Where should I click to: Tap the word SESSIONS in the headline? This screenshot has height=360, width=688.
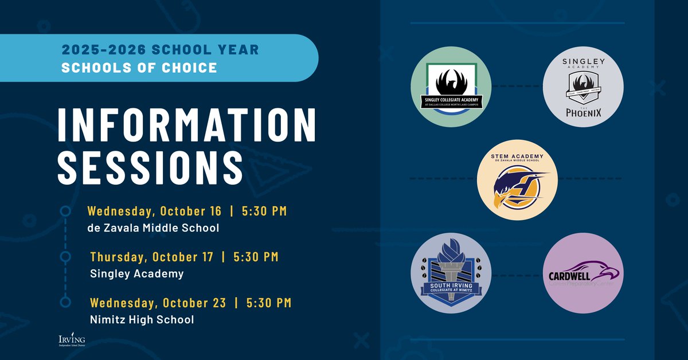coord(150,166)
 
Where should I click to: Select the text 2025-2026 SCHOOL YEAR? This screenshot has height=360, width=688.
coord(161,50)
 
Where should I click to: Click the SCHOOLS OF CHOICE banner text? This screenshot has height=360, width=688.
coord(139,68)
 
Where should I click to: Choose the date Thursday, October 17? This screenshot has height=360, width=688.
coord(152,257)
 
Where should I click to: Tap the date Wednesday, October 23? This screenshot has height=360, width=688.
coord(158,302)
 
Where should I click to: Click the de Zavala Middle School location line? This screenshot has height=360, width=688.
coord(153,228)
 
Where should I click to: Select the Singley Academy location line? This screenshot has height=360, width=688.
coord(137,273)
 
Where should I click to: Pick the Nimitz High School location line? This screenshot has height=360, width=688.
coord(142,319)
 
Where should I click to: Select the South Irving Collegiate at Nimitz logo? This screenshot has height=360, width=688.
coord(453,275)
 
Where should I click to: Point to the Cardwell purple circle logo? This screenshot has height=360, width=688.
coord(583,275)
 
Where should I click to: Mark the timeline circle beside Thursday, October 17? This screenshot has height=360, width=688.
coord(65,256)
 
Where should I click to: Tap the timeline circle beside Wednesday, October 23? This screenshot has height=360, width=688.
coord(65,302)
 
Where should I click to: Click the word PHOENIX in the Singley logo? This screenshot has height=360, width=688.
coord(583,112)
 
